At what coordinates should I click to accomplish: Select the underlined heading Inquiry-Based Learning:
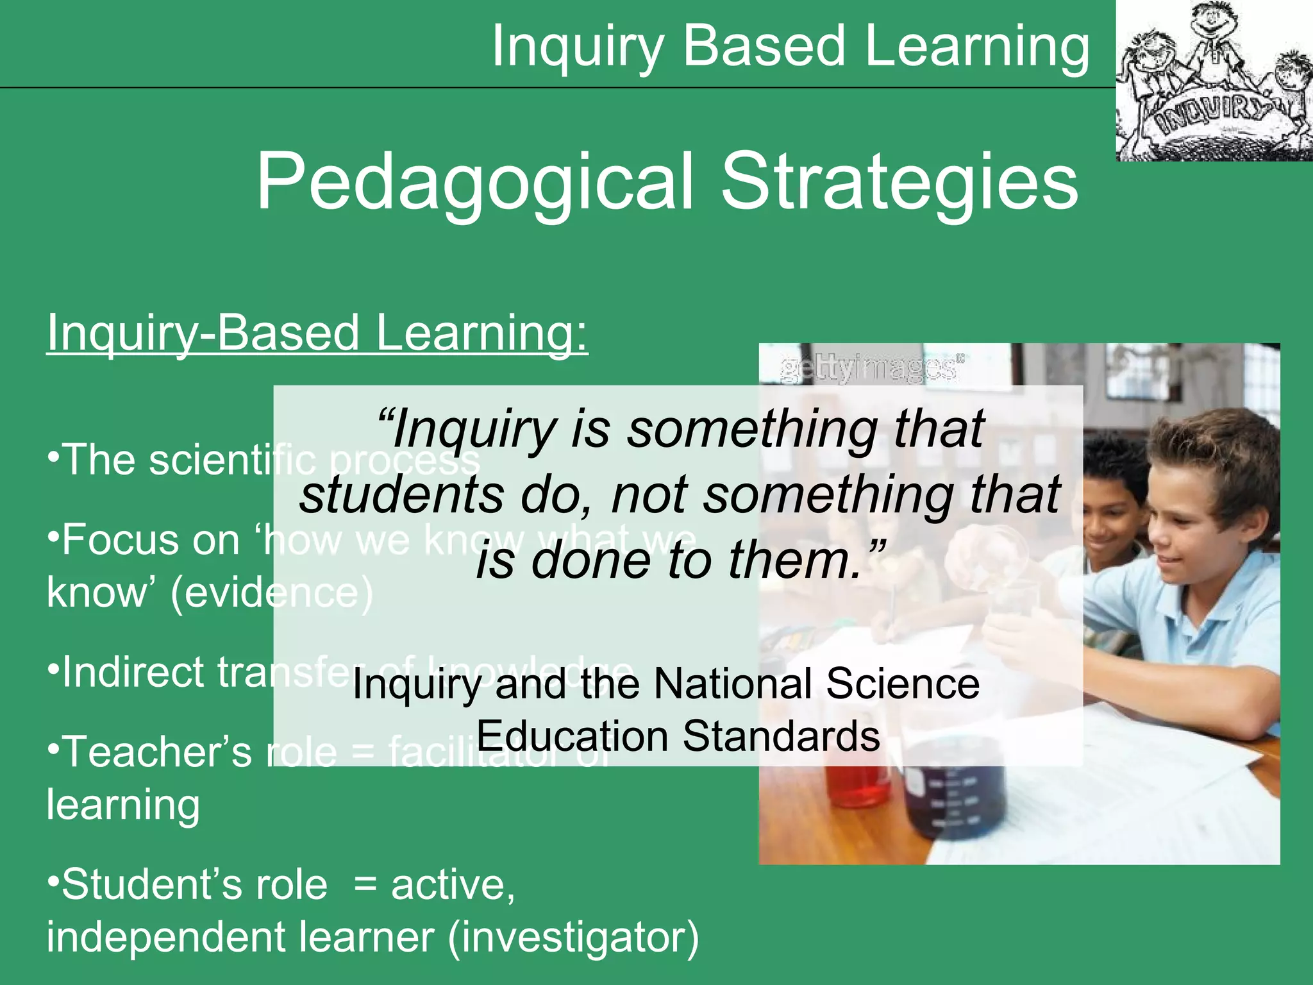click(317, 333)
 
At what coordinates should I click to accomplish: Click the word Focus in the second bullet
click(119, 540)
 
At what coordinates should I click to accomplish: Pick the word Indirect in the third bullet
click(131, 673)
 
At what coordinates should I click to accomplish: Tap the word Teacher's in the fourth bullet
click(158, 752)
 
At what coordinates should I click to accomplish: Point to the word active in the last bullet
click(453, 885)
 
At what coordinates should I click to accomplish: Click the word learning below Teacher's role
click(123, 805)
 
